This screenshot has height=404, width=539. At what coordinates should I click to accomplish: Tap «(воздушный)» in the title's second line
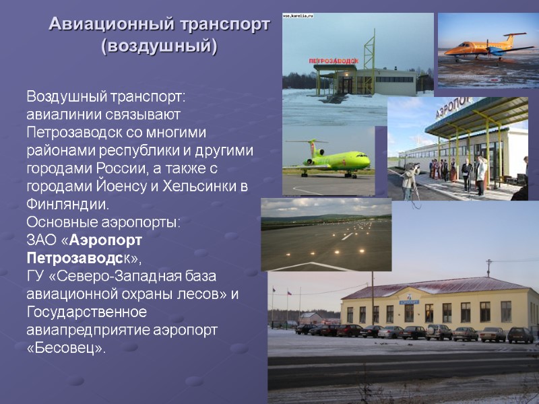[159, 48]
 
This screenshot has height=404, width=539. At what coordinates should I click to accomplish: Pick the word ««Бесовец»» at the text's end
[66, 349]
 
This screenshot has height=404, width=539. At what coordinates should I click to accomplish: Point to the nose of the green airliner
[367, 161]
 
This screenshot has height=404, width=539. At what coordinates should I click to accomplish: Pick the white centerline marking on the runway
[346, 236]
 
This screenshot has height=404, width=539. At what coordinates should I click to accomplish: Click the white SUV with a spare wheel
[439, 331]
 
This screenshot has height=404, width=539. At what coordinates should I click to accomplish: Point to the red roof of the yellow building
[431, 286]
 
